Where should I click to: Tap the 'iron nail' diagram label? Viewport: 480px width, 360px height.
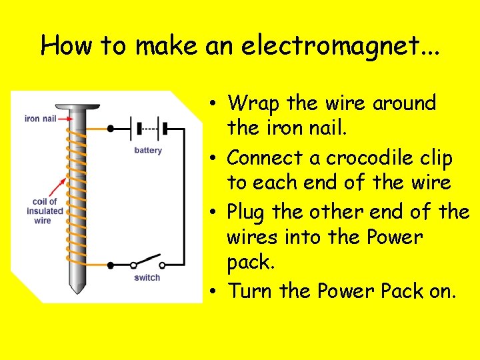tap(40, 119)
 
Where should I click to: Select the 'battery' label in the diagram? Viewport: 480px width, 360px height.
tap(148, 151)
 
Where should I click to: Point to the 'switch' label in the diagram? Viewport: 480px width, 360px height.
tap(147, 277)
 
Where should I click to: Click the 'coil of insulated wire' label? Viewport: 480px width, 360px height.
tap(45, 211)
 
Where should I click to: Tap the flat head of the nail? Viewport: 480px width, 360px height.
tap(77, 106)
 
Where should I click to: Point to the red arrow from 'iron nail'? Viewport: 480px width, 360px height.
tap(65, 119)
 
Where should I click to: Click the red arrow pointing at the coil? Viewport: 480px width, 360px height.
tap(59, 187)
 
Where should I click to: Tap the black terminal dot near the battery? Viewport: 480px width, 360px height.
tap(111, 128)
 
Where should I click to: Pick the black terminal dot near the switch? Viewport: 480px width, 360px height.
tap(111, 265)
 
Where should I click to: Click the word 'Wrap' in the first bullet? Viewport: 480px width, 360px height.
tap(253, 103)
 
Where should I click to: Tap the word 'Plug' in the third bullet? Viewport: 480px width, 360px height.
tap(247, 213)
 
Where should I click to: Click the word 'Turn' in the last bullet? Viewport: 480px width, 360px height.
tap(250, 291)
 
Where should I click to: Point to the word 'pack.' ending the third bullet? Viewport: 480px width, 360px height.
tap(250, 263)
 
